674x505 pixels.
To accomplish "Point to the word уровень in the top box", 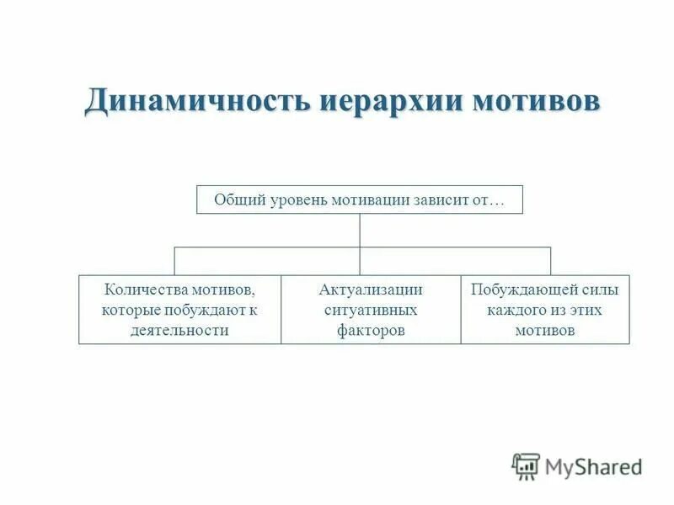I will pos(299,200).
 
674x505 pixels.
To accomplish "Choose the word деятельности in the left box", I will pos(179,330).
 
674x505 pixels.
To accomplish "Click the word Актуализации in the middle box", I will pos(371,290).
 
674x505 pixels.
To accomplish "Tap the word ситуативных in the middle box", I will pos(371,310).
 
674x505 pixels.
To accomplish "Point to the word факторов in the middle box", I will pos(371,330).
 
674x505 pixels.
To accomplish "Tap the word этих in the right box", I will pos(586,310).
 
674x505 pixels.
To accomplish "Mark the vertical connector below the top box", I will pos(360,230).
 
